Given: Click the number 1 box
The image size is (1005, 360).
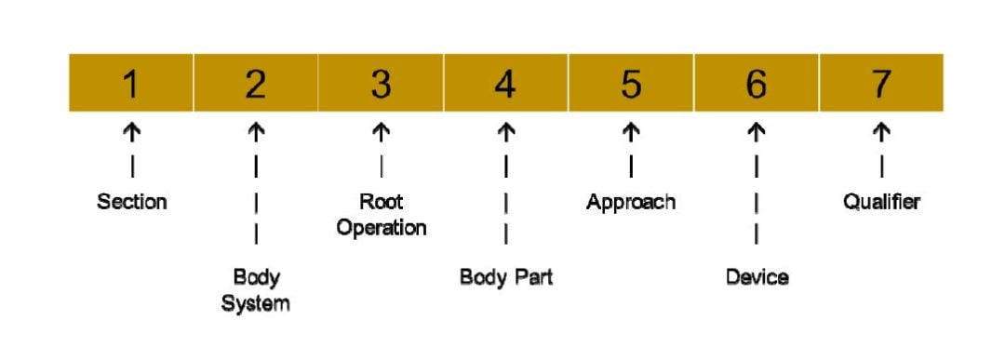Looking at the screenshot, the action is click(131, 84).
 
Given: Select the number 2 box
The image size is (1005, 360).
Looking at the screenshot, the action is click(256, 84).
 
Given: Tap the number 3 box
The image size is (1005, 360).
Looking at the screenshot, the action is click(381, 84).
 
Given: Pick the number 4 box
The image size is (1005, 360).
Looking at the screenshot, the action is click(505, 84).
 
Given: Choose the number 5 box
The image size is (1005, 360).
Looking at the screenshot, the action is click(631, 84).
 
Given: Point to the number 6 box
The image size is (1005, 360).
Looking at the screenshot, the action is click(757, 84).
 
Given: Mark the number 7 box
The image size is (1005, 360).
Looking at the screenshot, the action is click(881, 84).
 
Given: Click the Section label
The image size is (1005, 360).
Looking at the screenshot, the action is click(131, 201).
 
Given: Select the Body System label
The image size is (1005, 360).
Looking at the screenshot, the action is click(256, 289).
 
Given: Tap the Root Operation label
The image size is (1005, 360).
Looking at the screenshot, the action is click(381, 214).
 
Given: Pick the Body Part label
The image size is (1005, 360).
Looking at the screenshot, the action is click(505, 277).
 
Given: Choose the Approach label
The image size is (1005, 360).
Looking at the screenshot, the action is click(631, 201).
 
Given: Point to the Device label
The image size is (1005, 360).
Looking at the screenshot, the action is click(757, 277).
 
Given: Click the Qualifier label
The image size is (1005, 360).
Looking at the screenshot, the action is click(881, 201).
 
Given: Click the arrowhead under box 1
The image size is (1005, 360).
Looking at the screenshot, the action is click(131, 133).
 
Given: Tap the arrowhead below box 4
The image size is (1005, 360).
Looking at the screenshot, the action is click(505, 133).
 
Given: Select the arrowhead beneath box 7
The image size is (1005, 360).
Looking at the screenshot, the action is click(881, 133).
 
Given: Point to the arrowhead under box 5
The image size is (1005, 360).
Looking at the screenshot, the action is click(631, 133).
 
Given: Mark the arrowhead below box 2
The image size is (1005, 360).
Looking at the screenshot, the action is click(256, 133).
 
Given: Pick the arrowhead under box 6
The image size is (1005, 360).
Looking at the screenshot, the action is click(757, 133).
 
